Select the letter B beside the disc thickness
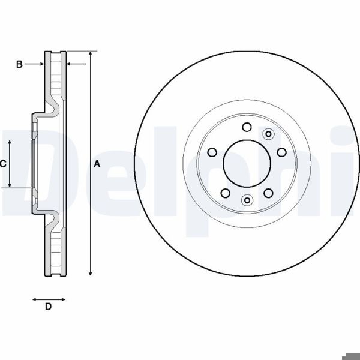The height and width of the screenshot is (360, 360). (x=19, y=64)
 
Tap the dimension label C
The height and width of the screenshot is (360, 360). (x=3, y=163)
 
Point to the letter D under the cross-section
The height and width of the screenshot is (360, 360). (x=49, y=307)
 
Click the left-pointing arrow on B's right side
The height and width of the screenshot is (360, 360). (x=76, y=64)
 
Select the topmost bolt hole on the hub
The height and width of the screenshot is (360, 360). (x=247, y=127)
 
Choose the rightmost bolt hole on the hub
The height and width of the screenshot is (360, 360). (x=281, y=152)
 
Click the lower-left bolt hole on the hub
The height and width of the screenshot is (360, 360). (x=226, y=193)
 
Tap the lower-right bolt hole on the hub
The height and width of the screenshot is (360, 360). (x=268, y=193)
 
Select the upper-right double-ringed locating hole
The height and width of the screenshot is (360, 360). (x=268, y=134)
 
